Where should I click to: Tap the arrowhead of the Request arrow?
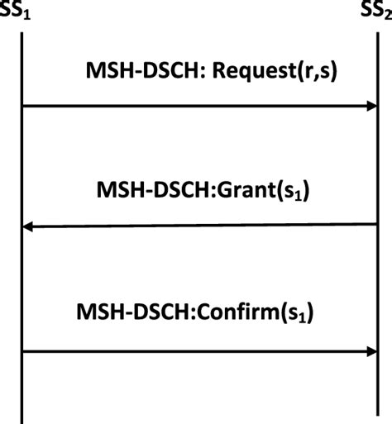[x=370, y=106]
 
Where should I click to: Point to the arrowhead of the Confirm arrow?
[x=370, y=351]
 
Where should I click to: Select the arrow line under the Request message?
[x=198, y=106]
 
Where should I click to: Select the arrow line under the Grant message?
[x=198, y=225]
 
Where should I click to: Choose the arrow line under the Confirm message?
[x=198, y=351]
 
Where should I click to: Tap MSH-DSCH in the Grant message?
[x=144, y=193]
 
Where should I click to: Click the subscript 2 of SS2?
[x=387, y=17]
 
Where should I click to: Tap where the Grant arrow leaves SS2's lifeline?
[x=377, y=225]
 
